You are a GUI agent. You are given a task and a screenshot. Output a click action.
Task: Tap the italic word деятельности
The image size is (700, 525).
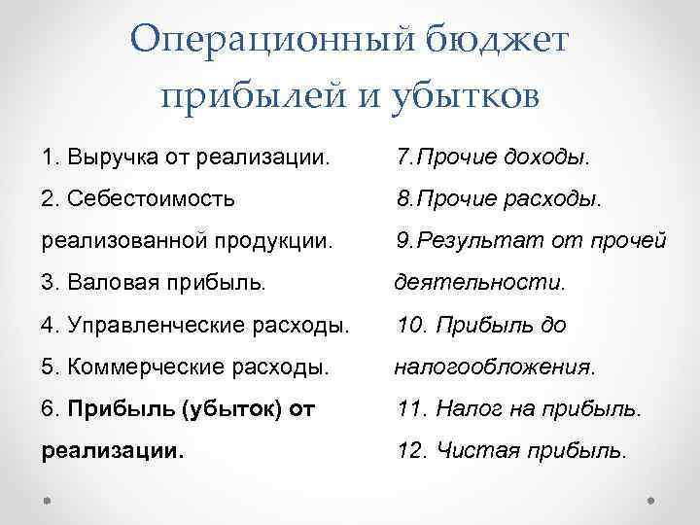pos(478,283)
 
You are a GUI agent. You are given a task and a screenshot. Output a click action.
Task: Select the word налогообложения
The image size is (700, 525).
pos(493,367)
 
